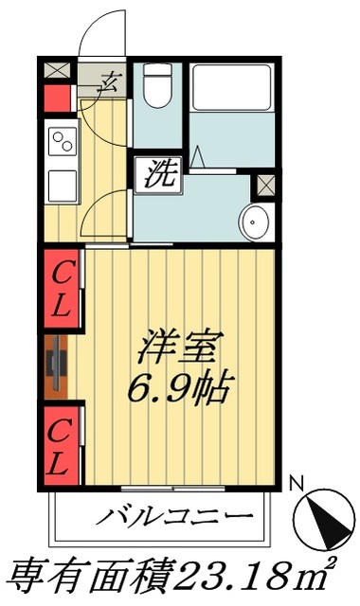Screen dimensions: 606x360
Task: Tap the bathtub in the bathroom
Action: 230,99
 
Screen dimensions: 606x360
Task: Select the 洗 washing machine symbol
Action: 157,175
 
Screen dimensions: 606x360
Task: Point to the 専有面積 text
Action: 90,574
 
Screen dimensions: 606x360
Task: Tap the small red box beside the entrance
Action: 55,98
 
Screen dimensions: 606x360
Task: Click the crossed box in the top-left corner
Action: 55,69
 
